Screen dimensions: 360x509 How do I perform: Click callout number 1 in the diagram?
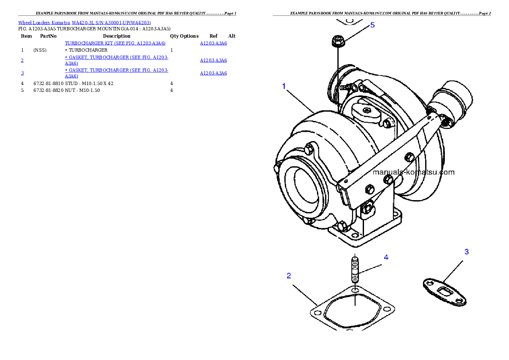click(x=284, y=86)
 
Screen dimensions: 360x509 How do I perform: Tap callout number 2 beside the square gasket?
click(x=289, y=276)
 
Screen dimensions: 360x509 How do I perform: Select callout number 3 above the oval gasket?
click(x=467, y=252)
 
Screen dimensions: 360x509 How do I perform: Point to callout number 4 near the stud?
click(x=386, y=257)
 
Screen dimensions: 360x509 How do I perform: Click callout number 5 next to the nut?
click(x=373, y=25)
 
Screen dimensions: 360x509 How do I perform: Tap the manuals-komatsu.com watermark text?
click(x=414, y=172)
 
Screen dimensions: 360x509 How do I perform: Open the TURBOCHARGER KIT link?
click(x=115, y=43)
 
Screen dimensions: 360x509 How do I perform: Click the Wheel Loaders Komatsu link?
click(x=44, y=22)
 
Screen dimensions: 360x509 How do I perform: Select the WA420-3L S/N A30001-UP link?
click(x=111, y=22)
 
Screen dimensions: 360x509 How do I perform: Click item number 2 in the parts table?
click(x=22, y=60)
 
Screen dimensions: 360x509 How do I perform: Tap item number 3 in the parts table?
click(x=22, y=73)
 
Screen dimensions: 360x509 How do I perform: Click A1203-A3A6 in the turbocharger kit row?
click(x=213, y=43)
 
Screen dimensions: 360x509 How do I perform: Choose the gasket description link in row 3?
click(x=116, y=73)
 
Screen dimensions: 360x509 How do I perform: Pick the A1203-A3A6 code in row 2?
click(x=213, y=60)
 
